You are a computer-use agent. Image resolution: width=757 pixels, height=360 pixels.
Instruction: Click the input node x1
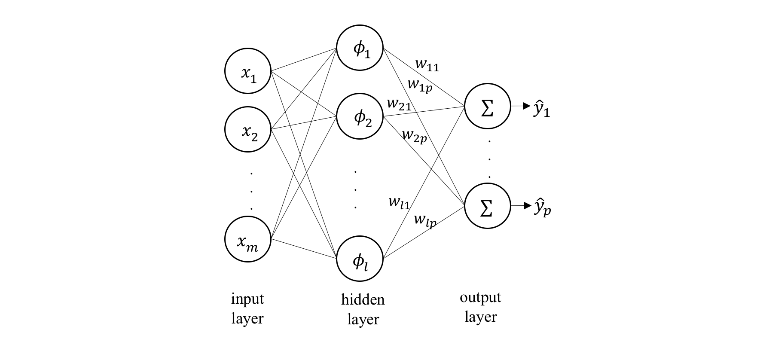[248, 72]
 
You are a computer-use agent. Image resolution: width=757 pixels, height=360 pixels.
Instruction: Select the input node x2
[248, 129]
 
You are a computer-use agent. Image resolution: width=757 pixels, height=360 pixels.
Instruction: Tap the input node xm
[248, 239]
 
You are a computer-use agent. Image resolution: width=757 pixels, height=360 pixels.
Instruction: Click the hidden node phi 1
[360, 48]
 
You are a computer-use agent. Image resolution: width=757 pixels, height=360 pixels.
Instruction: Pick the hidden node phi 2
[360, 117]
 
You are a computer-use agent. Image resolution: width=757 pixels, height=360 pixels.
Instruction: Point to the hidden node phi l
[360, 259]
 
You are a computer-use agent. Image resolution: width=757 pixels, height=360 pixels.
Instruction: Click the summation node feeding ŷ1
[487, 106]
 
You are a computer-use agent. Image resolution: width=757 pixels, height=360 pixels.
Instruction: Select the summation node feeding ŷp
[487, 206]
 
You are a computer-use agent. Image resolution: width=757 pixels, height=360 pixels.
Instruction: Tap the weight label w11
[427, 65]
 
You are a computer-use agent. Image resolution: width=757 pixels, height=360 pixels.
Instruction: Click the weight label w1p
[420, 84]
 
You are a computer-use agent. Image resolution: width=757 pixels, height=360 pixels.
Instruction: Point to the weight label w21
[399, 104]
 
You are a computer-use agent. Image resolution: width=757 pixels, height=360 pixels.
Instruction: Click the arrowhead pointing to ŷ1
[527, 106]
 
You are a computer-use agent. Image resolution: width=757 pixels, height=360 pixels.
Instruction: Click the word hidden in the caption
[363, 299]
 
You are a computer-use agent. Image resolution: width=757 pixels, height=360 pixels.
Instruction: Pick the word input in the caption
[247, 299]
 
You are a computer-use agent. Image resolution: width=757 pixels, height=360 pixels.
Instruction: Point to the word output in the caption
[480, 297]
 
